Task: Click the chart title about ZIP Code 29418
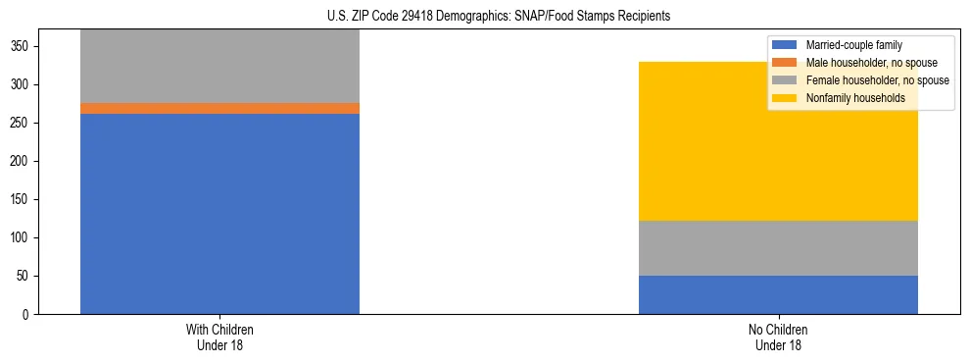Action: pos(485,16)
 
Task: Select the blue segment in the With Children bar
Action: pos(219,214)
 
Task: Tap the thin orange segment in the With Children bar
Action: pos(219,108)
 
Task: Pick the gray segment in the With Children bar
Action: pos(219,66)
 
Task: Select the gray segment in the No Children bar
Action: pos(778,248)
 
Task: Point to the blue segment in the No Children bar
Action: pos(778,294)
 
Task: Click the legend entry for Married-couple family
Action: pos(853,45)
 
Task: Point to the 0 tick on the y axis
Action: pos(28,314)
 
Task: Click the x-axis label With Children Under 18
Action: pos(219,337)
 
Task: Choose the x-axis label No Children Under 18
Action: pos(778,337)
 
